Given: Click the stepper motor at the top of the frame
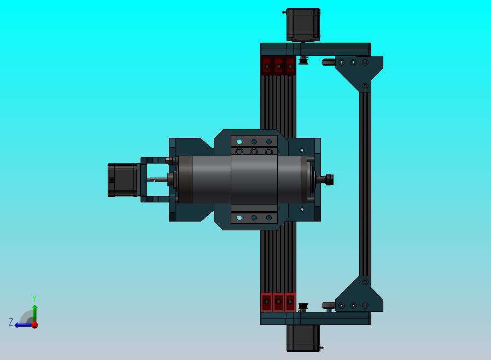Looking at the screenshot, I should pos(303,25).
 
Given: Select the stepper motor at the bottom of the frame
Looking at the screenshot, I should pos(303,338).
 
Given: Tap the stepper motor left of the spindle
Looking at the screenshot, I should pos(122,179).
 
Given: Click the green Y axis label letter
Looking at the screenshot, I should pos(34,299).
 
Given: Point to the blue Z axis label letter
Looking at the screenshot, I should pos(11,323).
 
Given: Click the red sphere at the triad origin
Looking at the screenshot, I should pos(34,325).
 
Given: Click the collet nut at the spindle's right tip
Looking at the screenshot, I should pos(329,179).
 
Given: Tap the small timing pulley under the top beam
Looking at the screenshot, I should pos(303,60).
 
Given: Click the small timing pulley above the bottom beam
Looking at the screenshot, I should pos(303,306).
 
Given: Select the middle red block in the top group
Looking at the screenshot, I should pos(278,66).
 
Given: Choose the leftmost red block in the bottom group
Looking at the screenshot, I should pos(266,302).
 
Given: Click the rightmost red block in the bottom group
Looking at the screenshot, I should pos(290,302).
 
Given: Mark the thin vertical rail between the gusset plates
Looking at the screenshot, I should pos(364,183).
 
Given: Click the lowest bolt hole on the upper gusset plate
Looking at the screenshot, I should pos(365,85).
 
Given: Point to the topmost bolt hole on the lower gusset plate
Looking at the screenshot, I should pos(365,283).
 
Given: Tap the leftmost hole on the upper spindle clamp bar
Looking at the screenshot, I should pos(239,142).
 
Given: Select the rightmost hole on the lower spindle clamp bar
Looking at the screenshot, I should pos(269,218).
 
